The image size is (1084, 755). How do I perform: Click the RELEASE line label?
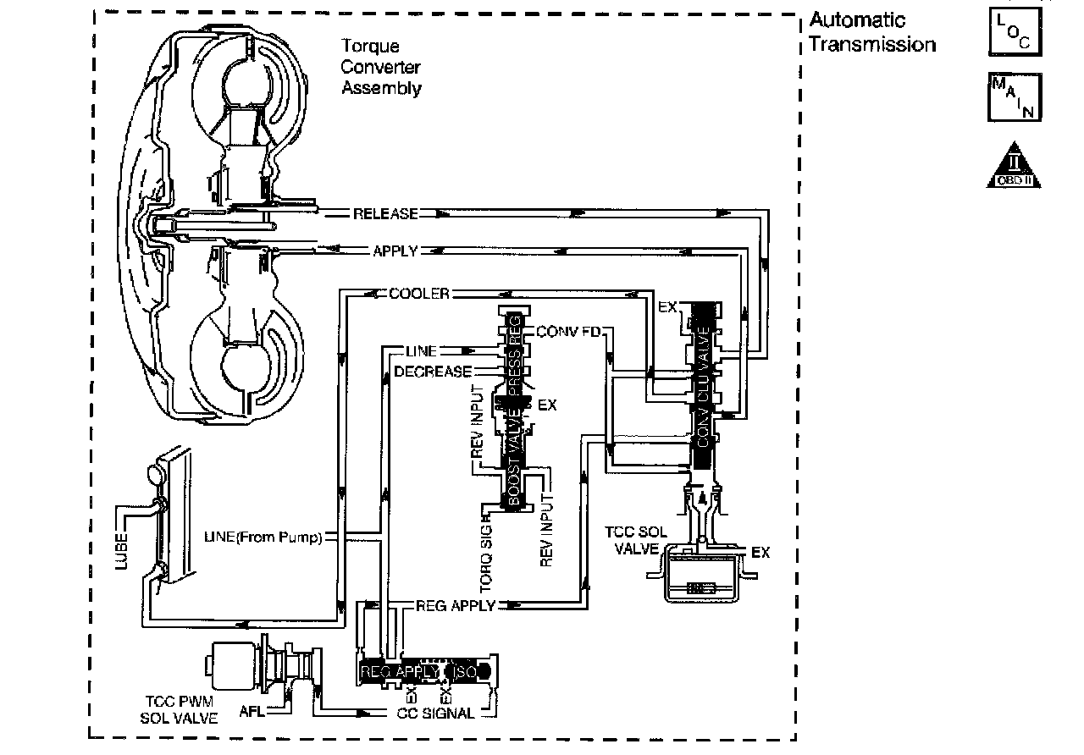(x=385, y=214)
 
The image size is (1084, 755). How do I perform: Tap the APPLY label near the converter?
(x=395, y=251)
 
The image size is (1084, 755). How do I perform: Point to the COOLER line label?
(x=418, y=294)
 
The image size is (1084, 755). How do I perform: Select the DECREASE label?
(x=433, y=372)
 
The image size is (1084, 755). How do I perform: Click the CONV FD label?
(x=568, y=331)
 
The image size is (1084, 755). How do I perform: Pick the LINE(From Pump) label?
(x=263, y=537)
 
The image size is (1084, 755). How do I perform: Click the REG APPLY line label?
(x=455, y=606)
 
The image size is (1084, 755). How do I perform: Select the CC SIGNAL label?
(x=435, y=713)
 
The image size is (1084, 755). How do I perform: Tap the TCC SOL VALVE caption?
(x=632, y=541)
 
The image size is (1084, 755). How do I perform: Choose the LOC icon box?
(x=1014, y=30)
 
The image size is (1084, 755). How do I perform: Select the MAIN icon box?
(x=1014, y=97)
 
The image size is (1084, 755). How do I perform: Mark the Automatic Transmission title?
(x=871, y=33)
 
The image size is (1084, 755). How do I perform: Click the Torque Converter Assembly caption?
(x=381, y=67)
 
